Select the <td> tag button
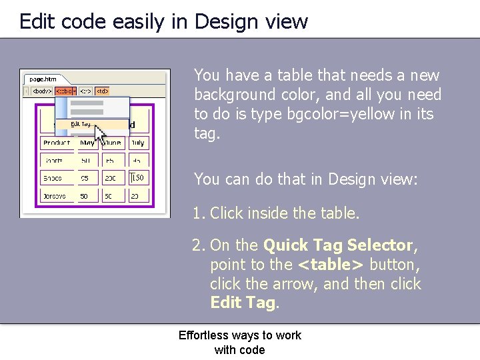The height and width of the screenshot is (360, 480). tap(102, 91)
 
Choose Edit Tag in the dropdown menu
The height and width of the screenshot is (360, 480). tap(82, 124)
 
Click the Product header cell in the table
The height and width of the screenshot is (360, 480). tap(57, 143)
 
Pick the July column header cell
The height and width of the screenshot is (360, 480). tap(137, 143)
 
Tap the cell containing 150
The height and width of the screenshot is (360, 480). tap(138, 178)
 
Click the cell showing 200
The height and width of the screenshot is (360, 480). tap(111, 178)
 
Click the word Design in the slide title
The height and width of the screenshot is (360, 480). tap(225, 21)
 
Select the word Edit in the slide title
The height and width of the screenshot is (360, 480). tap(35, 21)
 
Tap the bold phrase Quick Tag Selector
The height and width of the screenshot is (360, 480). tap(338, 245)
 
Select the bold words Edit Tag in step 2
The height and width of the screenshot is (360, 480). tap(242, 303)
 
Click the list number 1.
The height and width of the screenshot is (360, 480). tap(197, 213)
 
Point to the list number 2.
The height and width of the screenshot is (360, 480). tap(197, 245)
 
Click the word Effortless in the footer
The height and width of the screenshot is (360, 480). tap(203, 335)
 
